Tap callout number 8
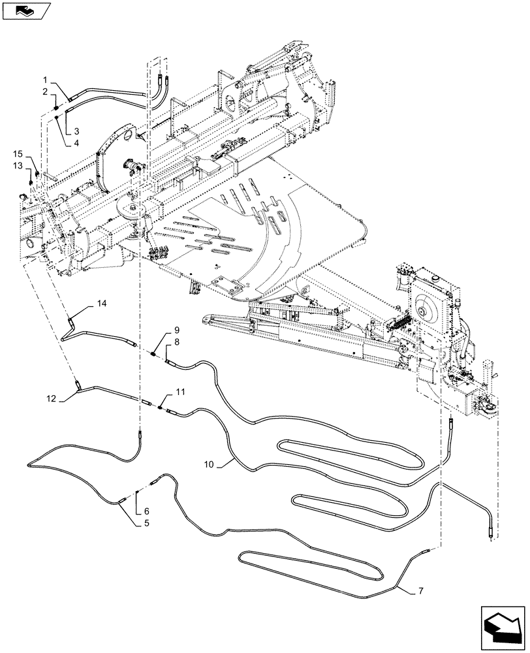click(x=176, y=342)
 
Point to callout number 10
click(x=208, y=464)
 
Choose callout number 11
click(x=180, y=392)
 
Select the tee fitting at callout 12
click(x=78, y=385)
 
